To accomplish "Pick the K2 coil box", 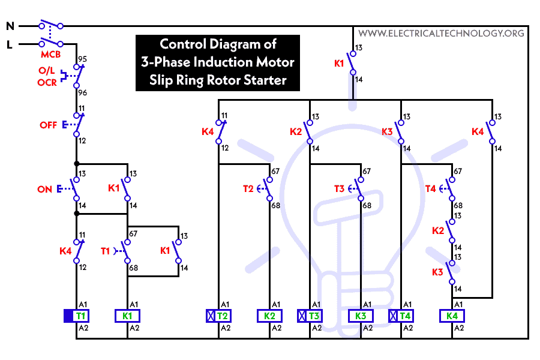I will tap(269, 316).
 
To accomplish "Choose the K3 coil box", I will tap(361, 316).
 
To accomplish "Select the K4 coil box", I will tap(452, 316).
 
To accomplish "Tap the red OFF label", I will tap(49, 125).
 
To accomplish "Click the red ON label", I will tap(45, 189).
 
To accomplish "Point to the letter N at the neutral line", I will tap(10, 26).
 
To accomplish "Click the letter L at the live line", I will tap(10, 44).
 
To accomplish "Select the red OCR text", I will tap(47, 82).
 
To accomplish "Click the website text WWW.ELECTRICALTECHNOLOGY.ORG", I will tap(440, 34).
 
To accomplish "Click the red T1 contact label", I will tap(104, 251).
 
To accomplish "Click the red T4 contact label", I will tap(430, 189).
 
